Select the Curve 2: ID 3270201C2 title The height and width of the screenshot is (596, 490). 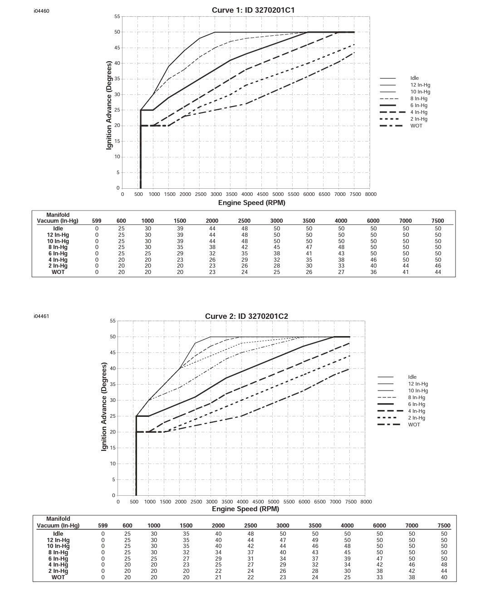[246, 316]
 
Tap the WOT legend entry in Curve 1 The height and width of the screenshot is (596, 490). [416, 126]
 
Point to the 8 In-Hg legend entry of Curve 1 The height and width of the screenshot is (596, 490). [419, 98]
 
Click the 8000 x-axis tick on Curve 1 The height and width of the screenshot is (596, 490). [371, 194]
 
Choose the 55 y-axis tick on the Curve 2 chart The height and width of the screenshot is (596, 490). [113, 321]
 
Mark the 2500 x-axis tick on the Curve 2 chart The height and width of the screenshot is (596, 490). [196, 502]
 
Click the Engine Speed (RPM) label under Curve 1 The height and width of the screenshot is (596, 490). [251, 203]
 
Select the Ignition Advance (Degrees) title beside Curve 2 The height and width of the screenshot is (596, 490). [104, 406]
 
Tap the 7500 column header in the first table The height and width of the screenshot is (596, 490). [437, 221]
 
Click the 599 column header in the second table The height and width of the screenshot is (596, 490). [103, 526]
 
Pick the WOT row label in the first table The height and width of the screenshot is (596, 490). [58, 272]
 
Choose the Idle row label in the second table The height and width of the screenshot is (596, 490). [58, 534]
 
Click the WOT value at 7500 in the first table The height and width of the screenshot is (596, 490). [437, 272]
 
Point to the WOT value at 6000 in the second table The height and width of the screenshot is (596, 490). [379, 577]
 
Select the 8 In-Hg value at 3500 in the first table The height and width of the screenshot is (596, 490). [309, 247]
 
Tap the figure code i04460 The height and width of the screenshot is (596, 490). [41, 11]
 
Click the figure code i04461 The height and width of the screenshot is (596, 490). [41, 316]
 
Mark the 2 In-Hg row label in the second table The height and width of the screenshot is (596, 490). [58, 571]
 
